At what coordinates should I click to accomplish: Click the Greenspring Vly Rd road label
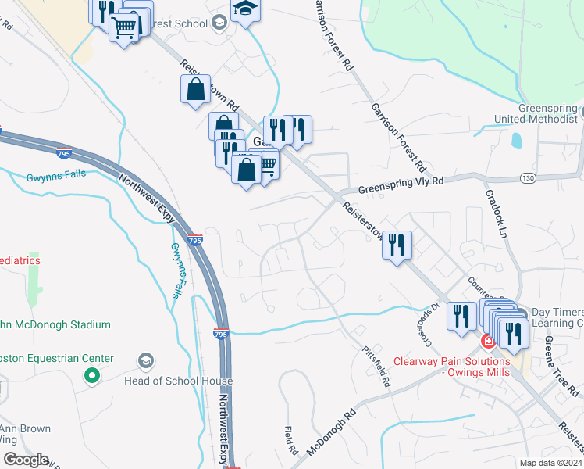401,184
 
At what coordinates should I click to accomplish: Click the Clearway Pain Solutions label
451,366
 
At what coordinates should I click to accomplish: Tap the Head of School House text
178,381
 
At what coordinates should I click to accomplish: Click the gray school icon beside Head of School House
144,360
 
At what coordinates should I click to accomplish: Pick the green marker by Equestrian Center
92,377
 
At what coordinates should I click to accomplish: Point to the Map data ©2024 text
550,463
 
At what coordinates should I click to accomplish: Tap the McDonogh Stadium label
57,324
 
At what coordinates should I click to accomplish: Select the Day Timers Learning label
557,317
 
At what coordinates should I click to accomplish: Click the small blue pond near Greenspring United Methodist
516,141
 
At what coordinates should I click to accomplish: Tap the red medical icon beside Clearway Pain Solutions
487,341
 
